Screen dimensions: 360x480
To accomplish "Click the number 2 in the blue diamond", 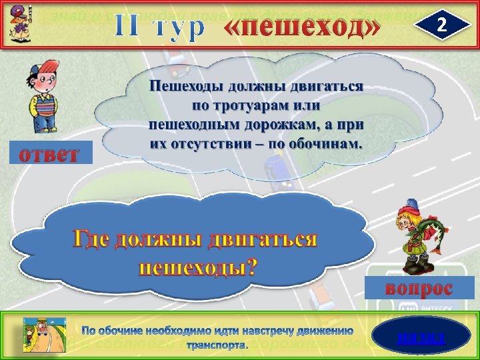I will (441, 25).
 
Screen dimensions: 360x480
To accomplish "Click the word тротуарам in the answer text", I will (256, 105).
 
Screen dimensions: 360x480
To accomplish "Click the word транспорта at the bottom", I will (217, 346).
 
